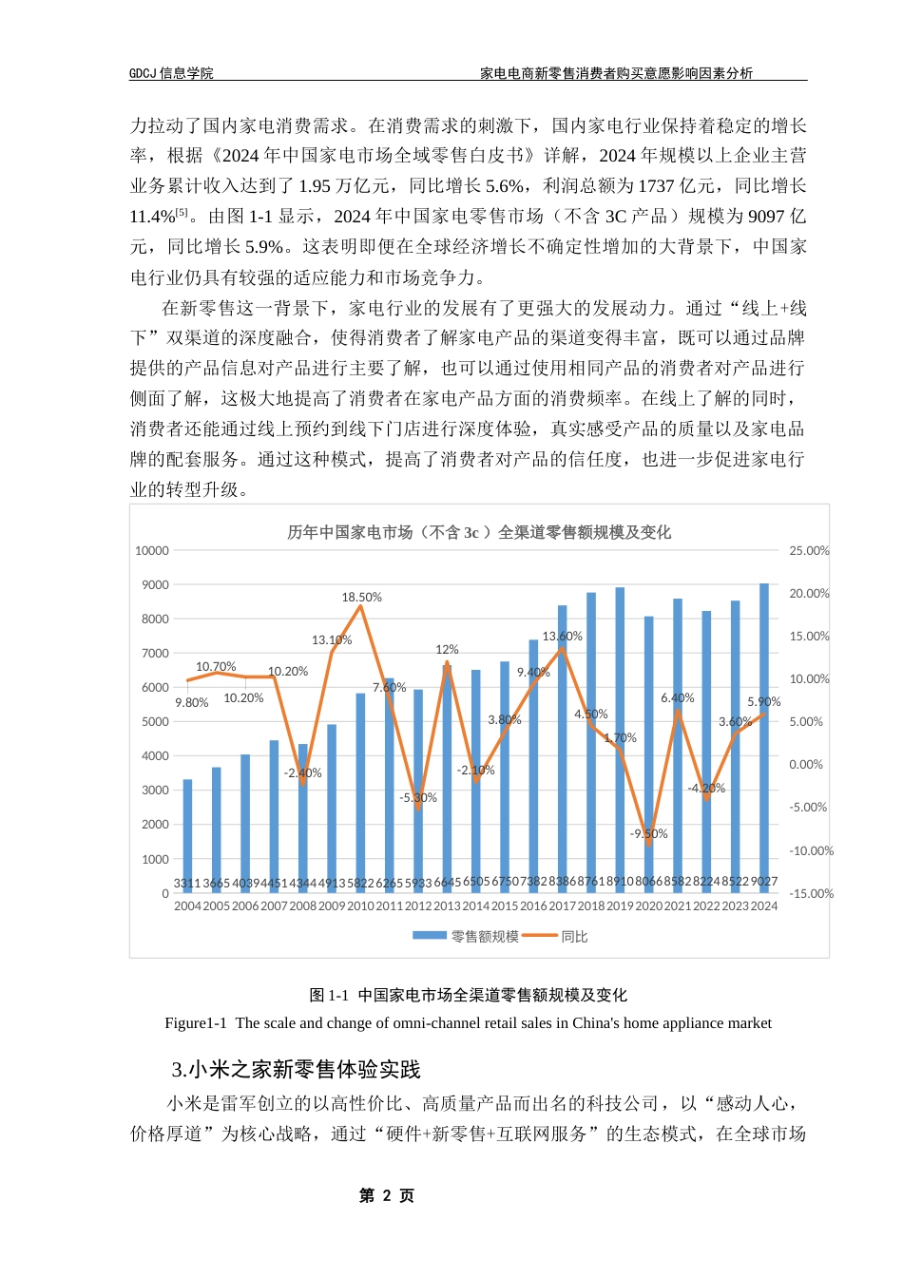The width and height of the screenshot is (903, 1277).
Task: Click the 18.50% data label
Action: pyautogui.click(x=362, y=598)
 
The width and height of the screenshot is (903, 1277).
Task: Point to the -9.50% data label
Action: pyautogui.click(x=649, y=834)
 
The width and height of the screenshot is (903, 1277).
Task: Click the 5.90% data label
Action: pyautogui.click(x=764, y=702)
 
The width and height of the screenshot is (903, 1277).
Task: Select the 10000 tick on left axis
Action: pyautogui.click(x=152, y=551)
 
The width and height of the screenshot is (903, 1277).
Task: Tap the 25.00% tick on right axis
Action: pyautogui.click(x=809, y=551)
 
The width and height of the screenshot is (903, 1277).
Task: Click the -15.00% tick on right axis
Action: pyautogui.click(x=811, y=894)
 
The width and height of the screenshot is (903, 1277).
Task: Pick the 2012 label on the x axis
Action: pyautogui.click(x=418, y=906)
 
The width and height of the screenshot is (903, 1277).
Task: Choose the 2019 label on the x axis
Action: pyautogui.click(x=620, y=906)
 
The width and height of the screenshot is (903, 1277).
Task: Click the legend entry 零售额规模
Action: pyautogui.click(x=468, y=937)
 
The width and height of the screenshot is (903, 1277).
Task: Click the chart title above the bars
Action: pyautogui.click(x=479, y=533)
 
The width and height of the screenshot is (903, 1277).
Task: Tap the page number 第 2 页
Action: pyautogui.click(x=387, y=1195)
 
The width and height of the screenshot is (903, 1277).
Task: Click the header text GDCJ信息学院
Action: pyautogui.click(x=171, y=73)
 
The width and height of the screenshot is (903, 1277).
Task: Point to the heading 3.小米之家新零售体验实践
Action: pyautogui.click(x=296, y=1070)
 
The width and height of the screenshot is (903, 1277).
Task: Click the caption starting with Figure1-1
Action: pyautogui.click(x=468, y=1023)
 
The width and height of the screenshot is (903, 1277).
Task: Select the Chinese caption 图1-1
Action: pyautogui.click(x=468, y=995)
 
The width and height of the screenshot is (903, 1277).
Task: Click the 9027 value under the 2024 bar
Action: pyautogui.click(x=764, y=882)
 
